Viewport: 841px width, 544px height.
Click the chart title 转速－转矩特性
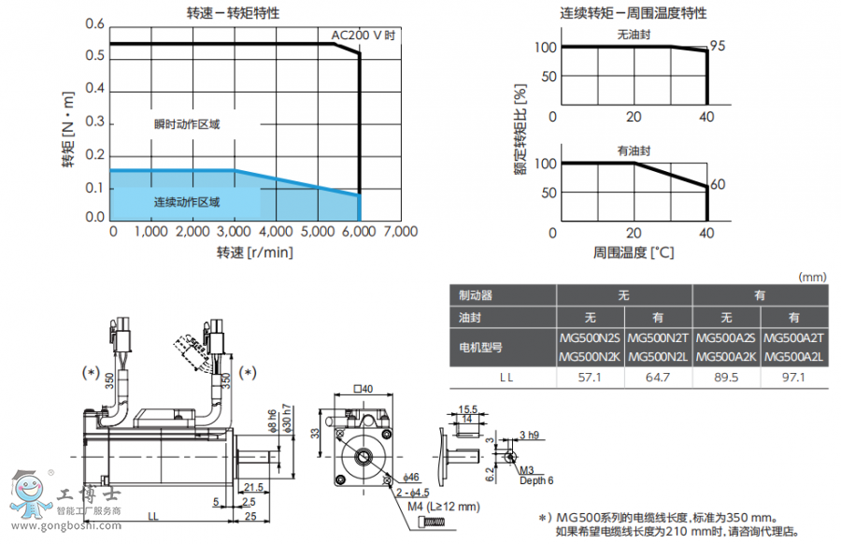click(x=234, y=14)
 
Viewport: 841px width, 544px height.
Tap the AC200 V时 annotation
click(x=363, y=36)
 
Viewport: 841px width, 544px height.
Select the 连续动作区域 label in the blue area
click(x=187, y=202)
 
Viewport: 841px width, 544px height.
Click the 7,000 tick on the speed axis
click(x=400, y=232)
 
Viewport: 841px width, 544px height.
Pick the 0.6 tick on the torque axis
click(x=94, y=24)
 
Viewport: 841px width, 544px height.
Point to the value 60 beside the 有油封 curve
click(x=718, y=184)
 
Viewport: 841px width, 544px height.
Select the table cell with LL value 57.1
click(x=591, y=377)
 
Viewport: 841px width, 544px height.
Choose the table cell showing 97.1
click(x=794, y=377)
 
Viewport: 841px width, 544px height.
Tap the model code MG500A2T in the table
click(x=794, y=338)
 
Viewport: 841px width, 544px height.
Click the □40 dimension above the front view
click(x=363, y=389)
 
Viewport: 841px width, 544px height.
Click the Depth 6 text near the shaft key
click(x=537, y=480)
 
